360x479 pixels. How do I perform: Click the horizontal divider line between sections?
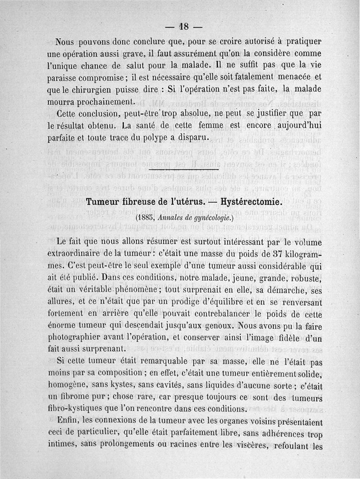(x=180, y=170)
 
